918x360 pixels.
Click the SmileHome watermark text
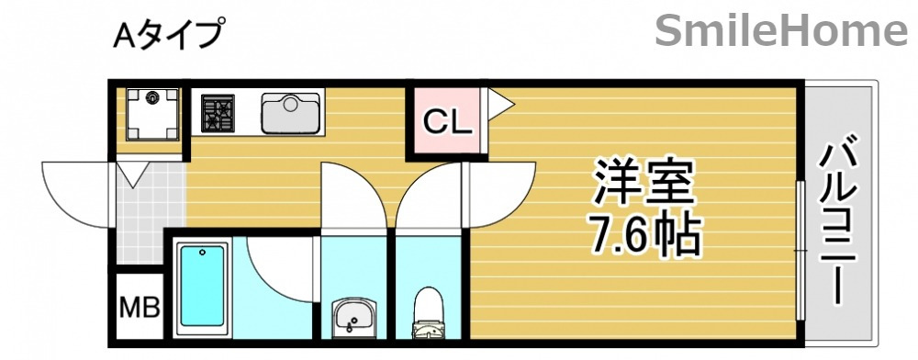coord(781,32)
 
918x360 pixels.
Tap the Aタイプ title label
coord(168,35)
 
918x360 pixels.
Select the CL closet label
coord(447,120)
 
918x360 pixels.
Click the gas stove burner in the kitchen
coord(219,113)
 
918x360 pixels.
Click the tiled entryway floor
coord(147,207)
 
